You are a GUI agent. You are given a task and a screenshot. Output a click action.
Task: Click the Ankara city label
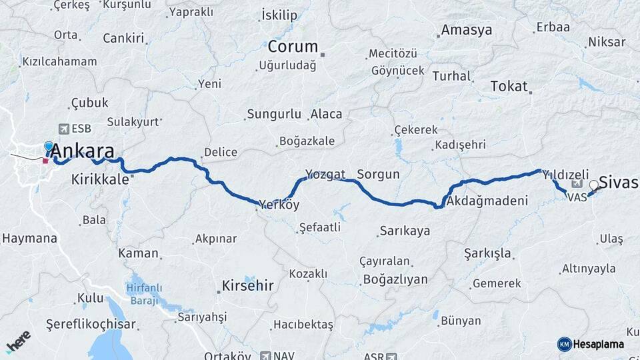(x=82, y=149)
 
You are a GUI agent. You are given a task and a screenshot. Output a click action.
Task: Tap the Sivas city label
(x=619, y=182)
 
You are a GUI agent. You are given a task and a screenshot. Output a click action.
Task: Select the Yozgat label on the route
(x=325, y=175)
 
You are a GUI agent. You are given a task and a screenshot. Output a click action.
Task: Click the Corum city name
(x=293, y=47)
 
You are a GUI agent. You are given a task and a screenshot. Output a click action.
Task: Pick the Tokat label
(x=509, y=87)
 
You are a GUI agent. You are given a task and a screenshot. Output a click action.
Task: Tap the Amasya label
(x=467, y=30)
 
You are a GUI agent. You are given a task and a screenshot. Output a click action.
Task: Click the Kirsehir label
(x=246, y=286)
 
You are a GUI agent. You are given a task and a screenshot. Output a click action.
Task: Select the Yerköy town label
(x=279, y=204)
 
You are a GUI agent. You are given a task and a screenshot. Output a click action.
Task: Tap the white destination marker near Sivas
(x=593, y=185)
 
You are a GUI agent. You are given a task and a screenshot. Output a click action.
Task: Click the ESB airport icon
(x=63, y=128)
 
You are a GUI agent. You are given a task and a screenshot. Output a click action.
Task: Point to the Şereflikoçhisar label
(x=91, y=325)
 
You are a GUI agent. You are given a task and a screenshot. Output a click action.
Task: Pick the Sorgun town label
(x=378, y=175)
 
